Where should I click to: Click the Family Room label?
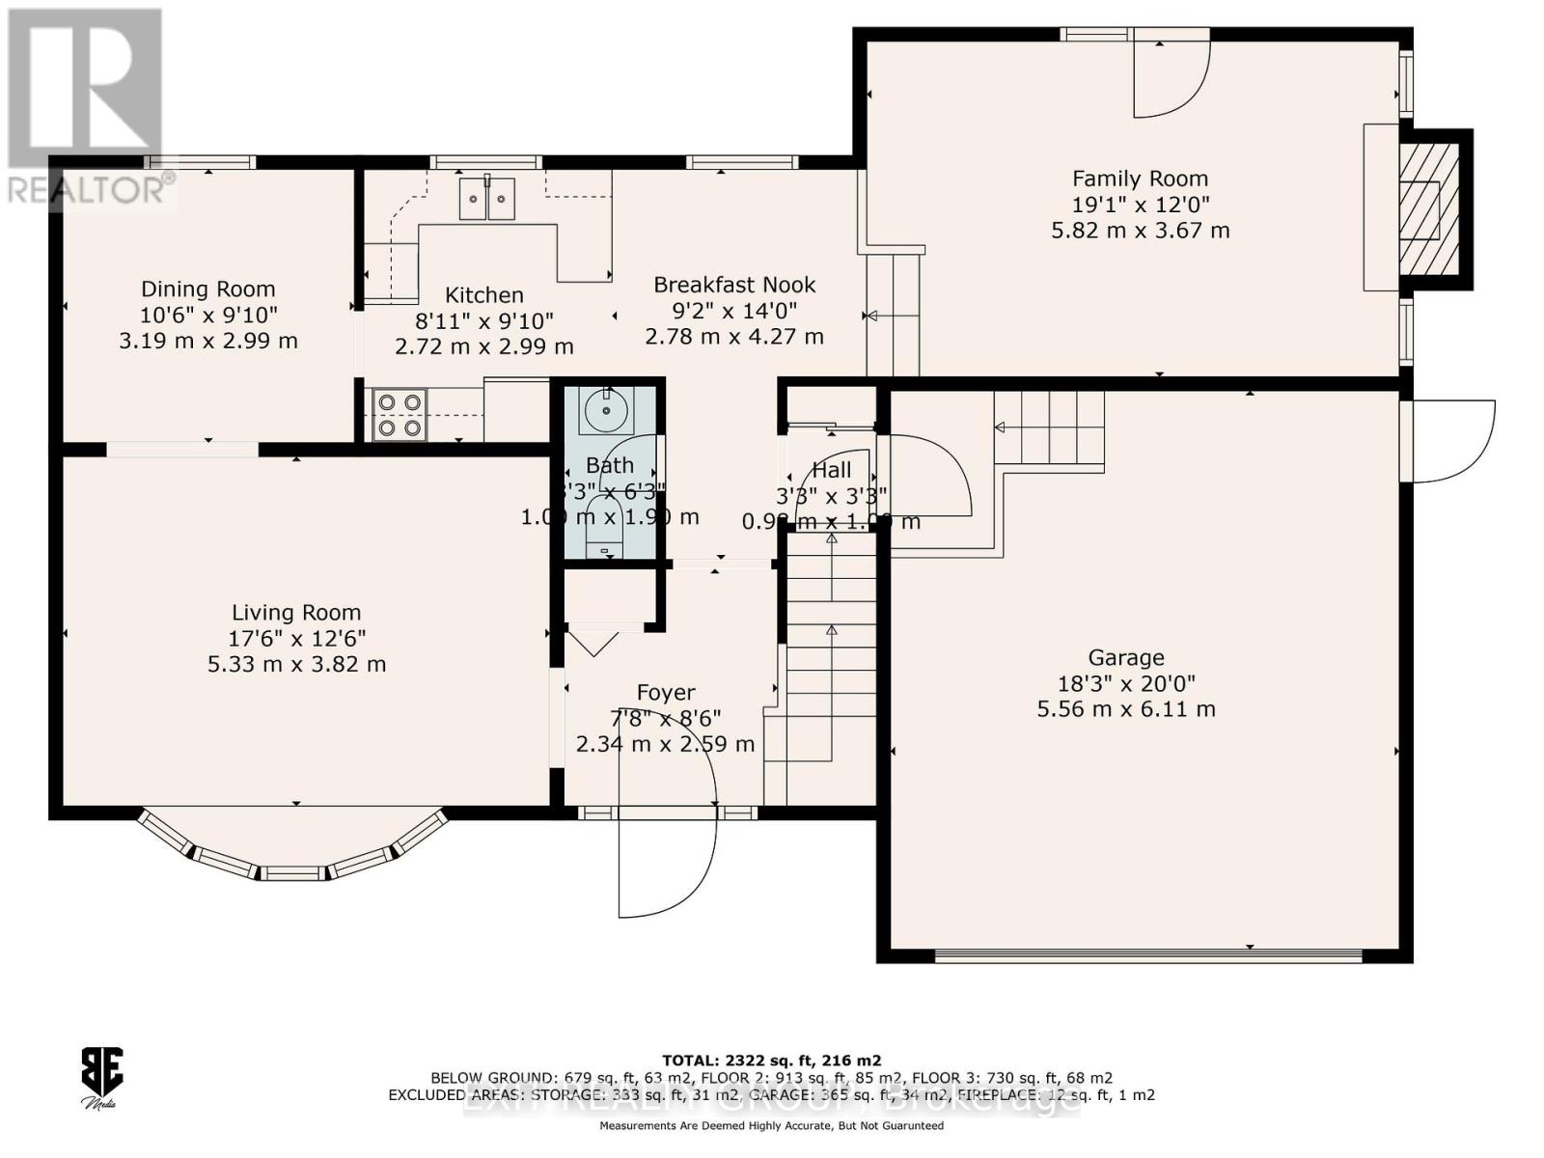pos(1140,179)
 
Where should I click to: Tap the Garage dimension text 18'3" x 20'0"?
pos(1126,683)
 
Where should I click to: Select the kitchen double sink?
pos(486,199)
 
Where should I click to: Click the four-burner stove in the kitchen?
pos(400,414)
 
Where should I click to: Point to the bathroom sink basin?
pos(606,411)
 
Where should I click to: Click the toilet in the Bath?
pos(605,527)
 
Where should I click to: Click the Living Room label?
pos(296,613)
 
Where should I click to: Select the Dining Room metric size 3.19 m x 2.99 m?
pos(208,341)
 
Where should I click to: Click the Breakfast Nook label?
pos(734,285)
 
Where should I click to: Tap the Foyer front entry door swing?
pos(666,859)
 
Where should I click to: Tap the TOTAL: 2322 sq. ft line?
pos(771,1060)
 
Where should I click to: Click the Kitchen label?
pos(484,295)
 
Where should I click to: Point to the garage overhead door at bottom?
pos(1148,956)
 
